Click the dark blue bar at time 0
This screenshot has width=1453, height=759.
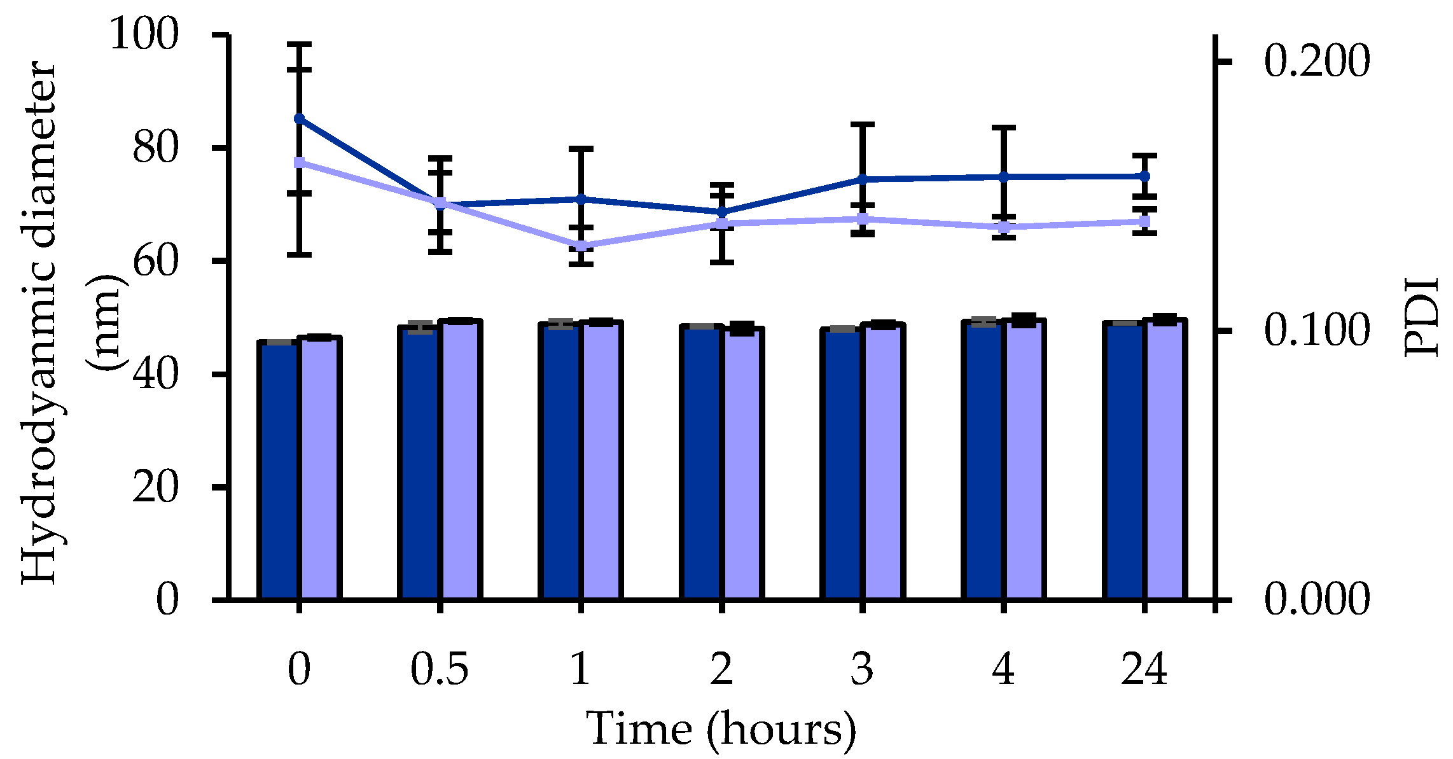[279, 471]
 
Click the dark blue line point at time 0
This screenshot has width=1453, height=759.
[299, 119]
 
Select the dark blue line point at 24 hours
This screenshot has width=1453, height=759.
[1144, 176]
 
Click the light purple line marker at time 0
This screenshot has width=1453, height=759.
[299, 162]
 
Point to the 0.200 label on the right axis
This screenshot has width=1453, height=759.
[1316, 62]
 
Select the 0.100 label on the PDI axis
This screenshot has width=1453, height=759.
[1316, 331]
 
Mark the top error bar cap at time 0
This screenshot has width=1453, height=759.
[299, 45]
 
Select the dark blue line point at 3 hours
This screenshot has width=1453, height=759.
[863, 179]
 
